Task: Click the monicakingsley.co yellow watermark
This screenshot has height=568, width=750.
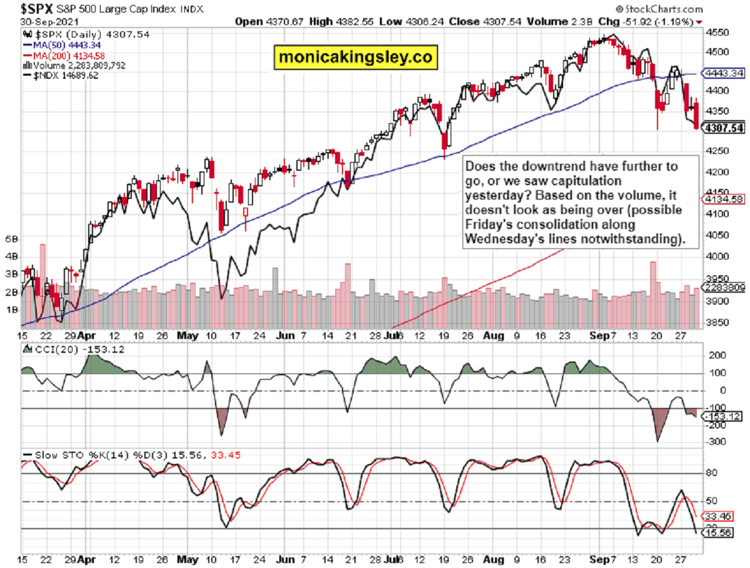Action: point(355,57)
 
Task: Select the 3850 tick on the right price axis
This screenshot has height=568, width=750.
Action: point(717,323)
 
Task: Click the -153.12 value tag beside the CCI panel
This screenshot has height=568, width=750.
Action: point(723,417)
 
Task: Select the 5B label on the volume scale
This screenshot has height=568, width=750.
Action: point(11,239)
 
